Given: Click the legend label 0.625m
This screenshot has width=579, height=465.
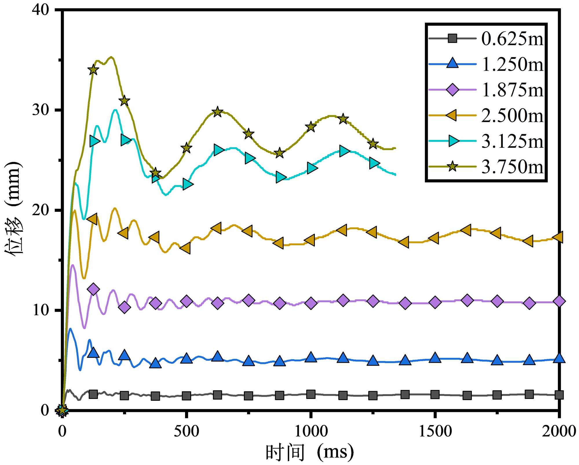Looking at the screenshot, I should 512,39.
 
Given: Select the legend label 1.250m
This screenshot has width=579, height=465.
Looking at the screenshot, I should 512,64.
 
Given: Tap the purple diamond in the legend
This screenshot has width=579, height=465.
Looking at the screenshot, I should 452,90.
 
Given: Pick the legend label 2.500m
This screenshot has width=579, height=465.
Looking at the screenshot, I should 512,115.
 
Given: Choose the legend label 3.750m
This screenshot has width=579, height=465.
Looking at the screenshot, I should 512,167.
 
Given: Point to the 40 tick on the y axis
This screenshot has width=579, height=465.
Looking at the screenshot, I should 41,10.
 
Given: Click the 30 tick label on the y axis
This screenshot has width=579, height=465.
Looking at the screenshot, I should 41,110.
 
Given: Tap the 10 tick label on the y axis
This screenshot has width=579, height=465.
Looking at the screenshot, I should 41,310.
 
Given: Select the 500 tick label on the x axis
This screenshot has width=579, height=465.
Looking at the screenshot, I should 186,431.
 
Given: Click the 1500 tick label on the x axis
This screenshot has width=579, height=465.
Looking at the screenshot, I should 435,431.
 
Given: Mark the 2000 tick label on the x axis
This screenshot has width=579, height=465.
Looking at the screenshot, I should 559,431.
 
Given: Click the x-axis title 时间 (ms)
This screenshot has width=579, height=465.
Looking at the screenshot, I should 309,452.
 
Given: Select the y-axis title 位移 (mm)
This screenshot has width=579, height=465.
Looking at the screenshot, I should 13,208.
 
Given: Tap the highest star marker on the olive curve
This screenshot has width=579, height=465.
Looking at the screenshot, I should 93,70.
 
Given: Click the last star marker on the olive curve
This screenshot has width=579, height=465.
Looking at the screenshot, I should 373,144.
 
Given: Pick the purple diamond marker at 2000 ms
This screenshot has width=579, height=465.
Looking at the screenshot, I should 559,301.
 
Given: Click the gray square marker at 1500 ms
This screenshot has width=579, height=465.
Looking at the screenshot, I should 435,394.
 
